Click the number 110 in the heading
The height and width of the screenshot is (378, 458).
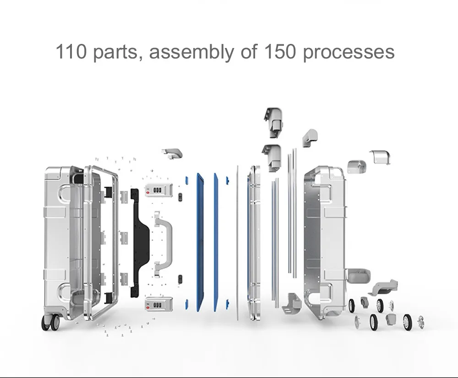(71, 52)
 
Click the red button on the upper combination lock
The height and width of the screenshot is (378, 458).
(148, 192)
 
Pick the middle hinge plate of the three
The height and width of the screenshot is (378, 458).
(124, 238)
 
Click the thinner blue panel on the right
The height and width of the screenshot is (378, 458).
(216, 242)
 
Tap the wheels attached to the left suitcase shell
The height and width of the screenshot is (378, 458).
(50, 322)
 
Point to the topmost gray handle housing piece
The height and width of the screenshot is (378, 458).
(273, 122)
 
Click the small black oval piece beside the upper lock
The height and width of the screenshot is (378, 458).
(180, 197)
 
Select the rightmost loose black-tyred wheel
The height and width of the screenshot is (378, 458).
(408, 322)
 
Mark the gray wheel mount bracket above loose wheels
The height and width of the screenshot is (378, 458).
(385, 287)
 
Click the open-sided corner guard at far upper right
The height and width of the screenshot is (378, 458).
(381, 157)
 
